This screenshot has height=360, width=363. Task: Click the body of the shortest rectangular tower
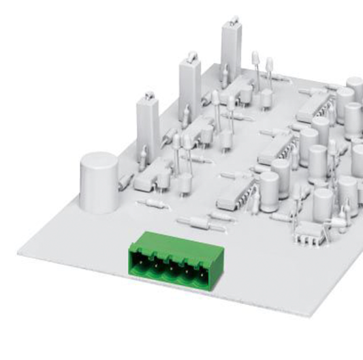pos(147,126)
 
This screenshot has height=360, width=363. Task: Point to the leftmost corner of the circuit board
pos(18,252)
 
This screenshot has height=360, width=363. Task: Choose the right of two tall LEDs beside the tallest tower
pos(269,65)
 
